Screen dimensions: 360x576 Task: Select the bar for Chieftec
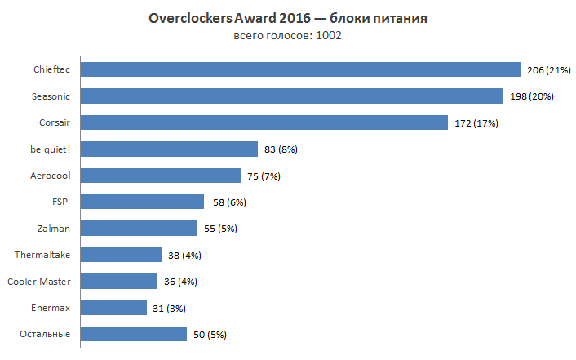[x=300, y=70]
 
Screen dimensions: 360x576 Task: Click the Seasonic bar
[x=291, y=96]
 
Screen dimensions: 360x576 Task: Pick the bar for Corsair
[x=264, y=122]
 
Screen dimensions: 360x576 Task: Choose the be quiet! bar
[x=169, y=149]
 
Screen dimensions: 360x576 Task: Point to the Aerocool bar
[x=161, y=176]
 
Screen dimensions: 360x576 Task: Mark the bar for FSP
[x=142, y=202]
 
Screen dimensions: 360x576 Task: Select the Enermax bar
[x=114, y=308]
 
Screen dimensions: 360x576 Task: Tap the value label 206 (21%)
[x=548, y=70]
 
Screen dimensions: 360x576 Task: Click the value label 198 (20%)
[x=530, y=96]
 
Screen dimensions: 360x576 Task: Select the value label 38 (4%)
[x=184, y=255]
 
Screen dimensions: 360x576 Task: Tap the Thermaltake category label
[x=42, y=255]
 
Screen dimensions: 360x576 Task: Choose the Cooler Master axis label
[x=38, y=282]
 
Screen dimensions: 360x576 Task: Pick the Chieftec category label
[x=51, y=70]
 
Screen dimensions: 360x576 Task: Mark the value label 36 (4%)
[x=179, y=282]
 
